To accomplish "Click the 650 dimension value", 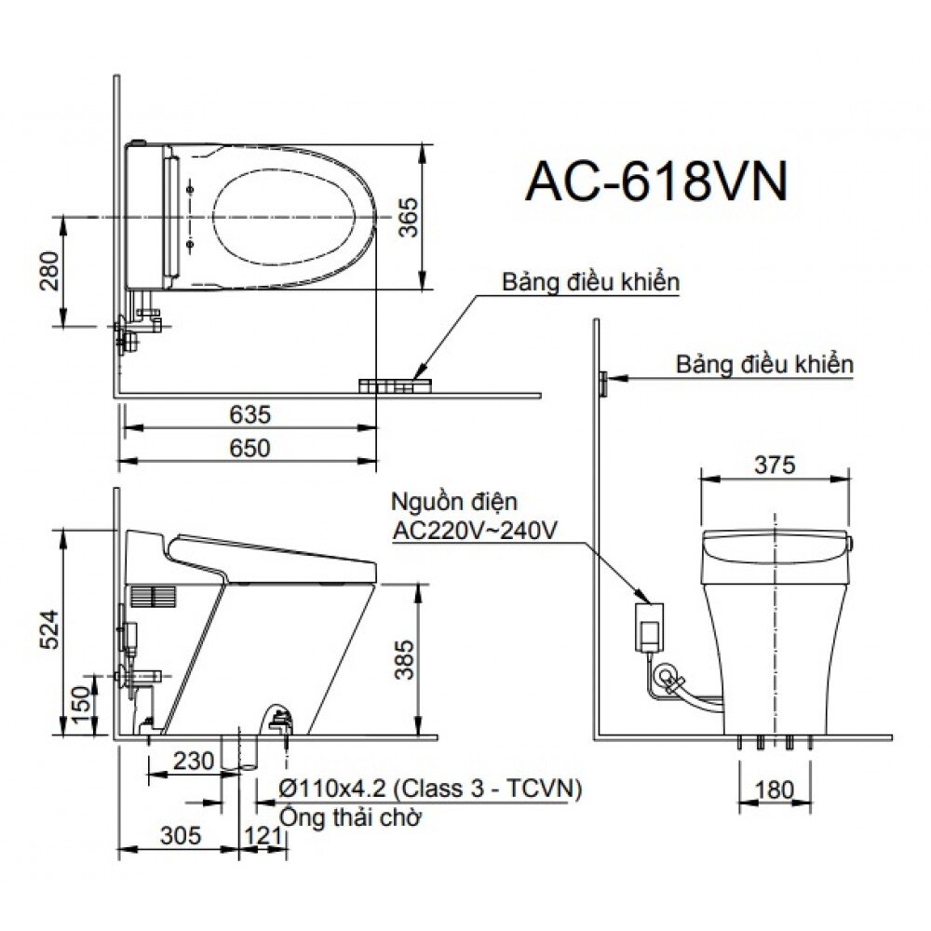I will tap(250, 448).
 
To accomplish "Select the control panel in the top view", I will tap(395, 385).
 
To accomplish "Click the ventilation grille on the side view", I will tap(151, 597).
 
